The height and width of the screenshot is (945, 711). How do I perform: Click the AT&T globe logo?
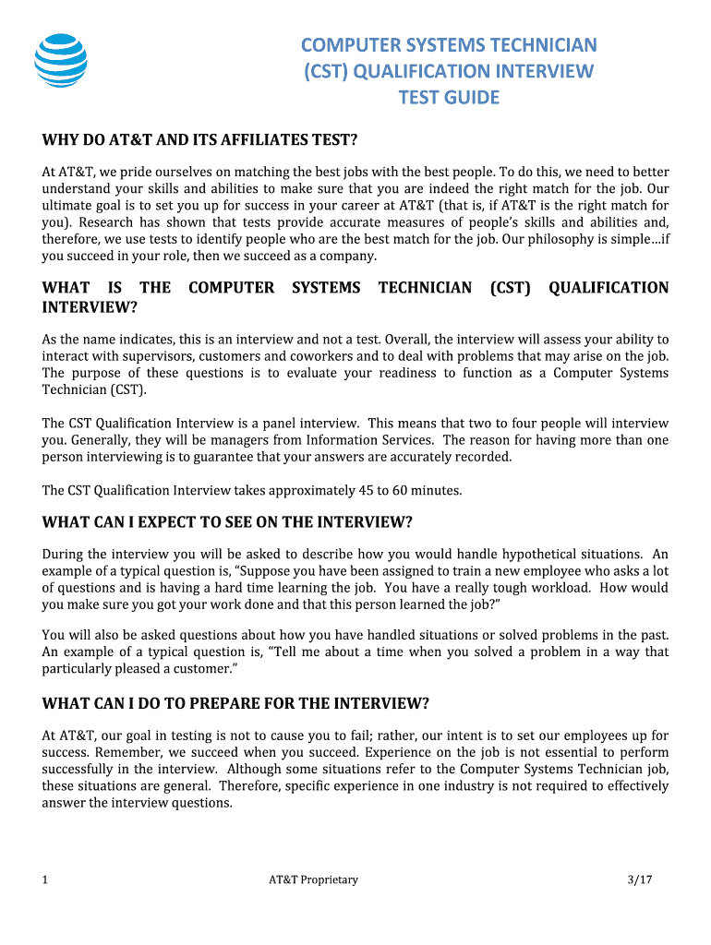61,61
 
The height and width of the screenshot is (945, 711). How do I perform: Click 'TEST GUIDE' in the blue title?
449,98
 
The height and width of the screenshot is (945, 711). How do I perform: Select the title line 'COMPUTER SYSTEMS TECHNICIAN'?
450,45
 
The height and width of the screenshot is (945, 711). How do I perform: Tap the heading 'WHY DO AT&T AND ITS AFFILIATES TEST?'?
199,139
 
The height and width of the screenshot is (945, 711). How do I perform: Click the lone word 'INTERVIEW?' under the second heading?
90,306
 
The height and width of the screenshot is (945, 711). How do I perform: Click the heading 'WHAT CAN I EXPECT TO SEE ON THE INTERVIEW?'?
227,522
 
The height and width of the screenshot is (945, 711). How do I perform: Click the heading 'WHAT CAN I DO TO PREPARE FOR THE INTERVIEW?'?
235,703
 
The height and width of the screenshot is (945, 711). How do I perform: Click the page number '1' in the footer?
45,879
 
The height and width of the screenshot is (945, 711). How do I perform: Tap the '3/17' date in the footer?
639,879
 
